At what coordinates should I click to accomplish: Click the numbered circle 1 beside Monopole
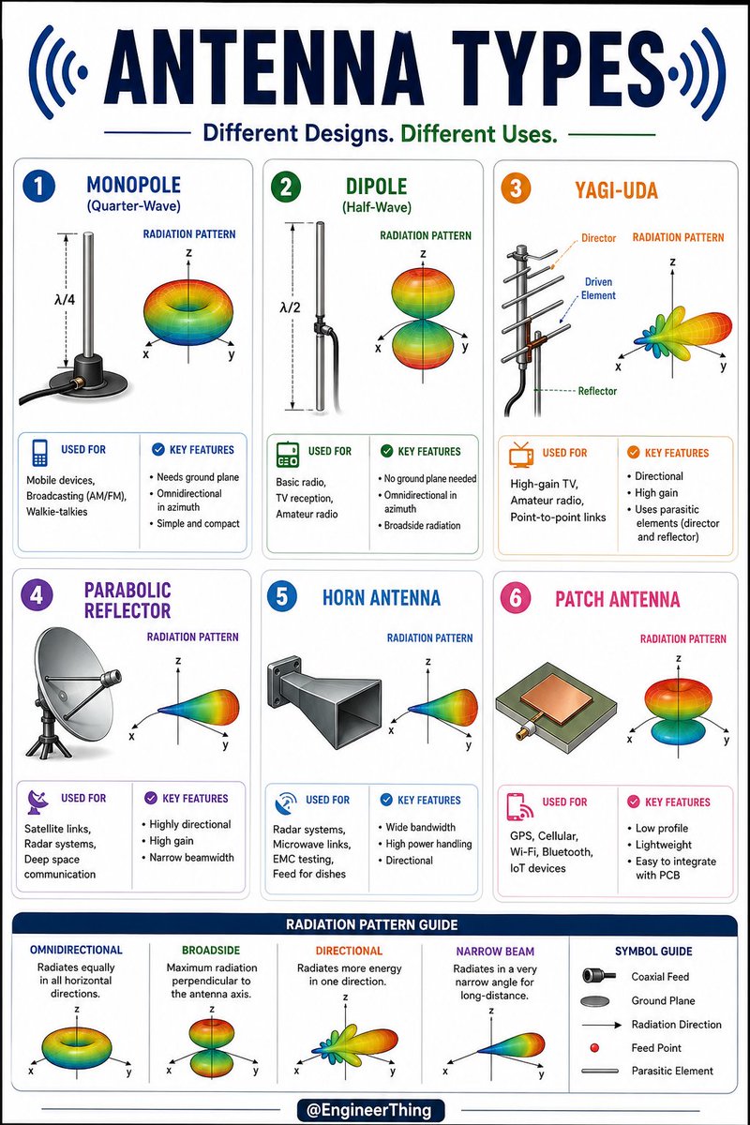pos(38,187)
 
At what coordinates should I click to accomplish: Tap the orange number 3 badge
pos(516,188)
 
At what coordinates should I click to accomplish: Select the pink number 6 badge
pos(516,598)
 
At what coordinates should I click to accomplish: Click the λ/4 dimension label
pos(65,300)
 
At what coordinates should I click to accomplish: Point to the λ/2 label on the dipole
pos(290,307)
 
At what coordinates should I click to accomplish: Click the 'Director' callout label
pos(598,238)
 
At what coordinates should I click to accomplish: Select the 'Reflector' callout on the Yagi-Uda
pos(597,391)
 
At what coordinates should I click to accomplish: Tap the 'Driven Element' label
pos(598,289)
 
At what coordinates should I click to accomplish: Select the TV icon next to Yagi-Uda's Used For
pos(520,454)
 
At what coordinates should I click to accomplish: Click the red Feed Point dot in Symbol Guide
pos(594,1048)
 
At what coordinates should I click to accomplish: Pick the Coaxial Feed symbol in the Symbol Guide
pos(599,976)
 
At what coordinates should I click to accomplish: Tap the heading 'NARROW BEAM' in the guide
pos(495,952)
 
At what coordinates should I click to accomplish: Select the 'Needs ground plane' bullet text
pos(198,477)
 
